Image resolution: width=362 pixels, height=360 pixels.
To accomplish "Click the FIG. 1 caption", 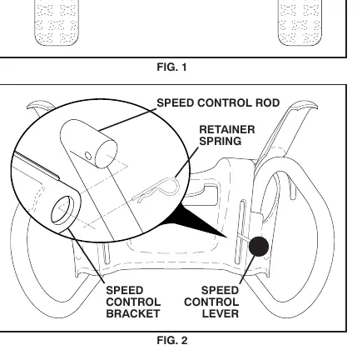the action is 171,67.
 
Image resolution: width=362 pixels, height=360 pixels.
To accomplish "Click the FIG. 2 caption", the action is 172,340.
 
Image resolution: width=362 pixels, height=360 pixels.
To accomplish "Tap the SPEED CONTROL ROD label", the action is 218,103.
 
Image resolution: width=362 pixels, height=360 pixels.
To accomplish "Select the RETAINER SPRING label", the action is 227,135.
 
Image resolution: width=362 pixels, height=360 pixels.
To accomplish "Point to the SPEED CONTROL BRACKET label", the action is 133,302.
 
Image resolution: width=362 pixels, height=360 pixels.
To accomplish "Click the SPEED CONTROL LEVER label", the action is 211,302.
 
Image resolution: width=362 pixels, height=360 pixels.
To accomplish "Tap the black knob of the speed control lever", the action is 259,247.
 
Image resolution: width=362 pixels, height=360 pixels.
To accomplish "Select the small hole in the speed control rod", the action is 88,156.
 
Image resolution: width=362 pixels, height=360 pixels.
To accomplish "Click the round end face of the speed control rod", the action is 107,154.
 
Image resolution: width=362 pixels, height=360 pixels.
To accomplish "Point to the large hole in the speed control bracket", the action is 62,210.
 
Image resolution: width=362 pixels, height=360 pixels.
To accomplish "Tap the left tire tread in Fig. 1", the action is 57,22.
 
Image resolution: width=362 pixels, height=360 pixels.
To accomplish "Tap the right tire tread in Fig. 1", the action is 300,22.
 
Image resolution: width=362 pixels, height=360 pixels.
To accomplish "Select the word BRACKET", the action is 133,313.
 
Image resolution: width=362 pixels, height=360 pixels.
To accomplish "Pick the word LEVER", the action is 221,313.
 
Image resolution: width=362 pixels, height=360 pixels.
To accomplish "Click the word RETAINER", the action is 227,130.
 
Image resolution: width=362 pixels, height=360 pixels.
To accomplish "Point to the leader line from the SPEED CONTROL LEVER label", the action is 247,270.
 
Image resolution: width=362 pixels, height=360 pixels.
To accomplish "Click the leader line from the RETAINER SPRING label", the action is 186,162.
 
